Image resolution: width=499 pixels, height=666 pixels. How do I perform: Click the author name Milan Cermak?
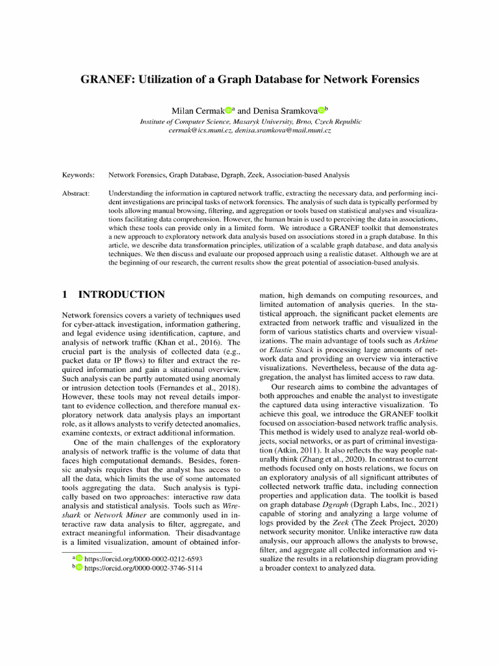(x=196, y=111)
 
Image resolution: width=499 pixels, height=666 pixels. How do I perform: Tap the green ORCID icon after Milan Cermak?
(x=228, y=111)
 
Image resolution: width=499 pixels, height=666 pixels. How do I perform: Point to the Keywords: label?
(x=78, y=175)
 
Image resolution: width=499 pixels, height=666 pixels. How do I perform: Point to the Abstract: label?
(x=76, y=193)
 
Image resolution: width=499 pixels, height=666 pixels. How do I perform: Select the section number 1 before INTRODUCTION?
(x=65, y=295)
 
